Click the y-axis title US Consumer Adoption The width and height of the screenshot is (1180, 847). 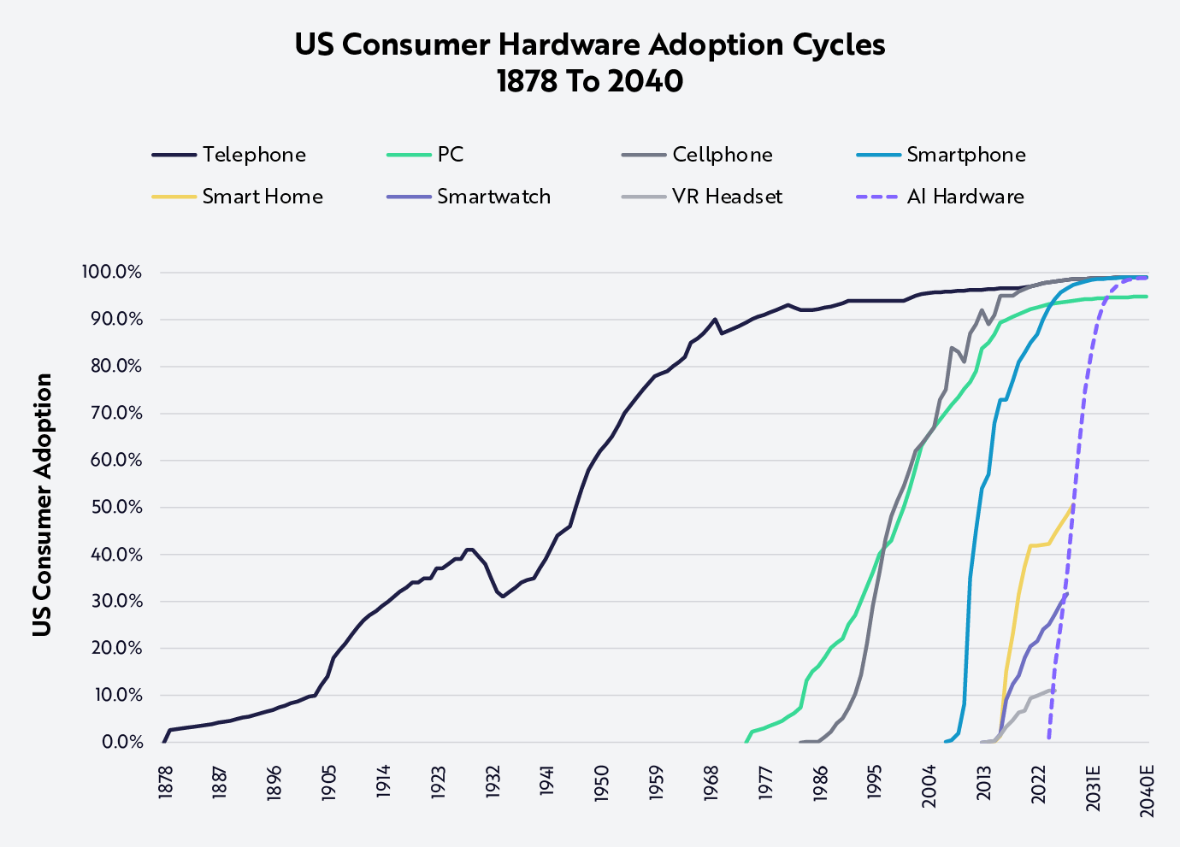[x=42, y=504]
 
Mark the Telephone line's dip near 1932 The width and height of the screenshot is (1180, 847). [x=503, y=596]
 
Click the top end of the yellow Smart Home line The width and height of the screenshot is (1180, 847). [x=1071, y=506]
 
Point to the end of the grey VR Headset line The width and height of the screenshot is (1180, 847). [x=1054, y=689]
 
